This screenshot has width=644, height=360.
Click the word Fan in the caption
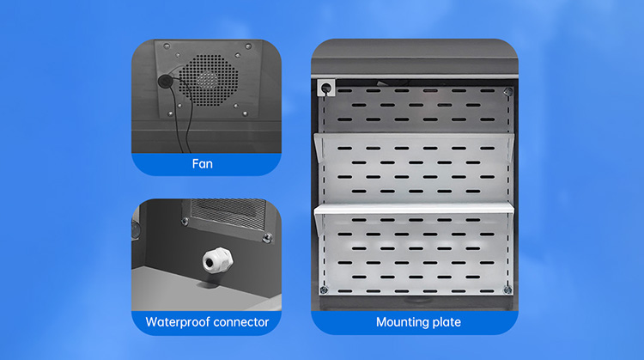[x=203, y=164]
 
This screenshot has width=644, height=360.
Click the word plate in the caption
[x=446, y=322]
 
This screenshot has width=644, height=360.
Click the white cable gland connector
[x=217, y=260]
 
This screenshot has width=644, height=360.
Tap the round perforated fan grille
[x=209, y=80]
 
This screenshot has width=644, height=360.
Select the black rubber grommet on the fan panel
[x=166, y=81]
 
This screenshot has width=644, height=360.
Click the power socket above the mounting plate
[x=326, y=88]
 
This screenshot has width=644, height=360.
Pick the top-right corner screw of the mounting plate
[x=508, y=91]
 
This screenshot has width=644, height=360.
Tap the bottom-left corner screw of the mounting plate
[x=324, y=290]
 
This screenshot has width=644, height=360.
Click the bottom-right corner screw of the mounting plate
[x=507, y=290]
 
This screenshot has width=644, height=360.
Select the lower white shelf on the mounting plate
[x=414, y=209]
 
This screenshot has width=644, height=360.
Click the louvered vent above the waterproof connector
[x=228, y=214]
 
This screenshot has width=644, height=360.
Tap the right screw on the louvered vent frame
[x=268, y=237]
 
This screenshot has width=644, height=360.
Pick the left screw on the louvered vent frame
[x=185, y=222]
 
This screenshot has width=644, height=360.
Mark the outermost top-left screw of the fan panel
[x=167, y=46]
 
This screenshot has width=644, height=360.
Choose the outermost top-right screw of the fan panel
[x=248, y=46]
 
